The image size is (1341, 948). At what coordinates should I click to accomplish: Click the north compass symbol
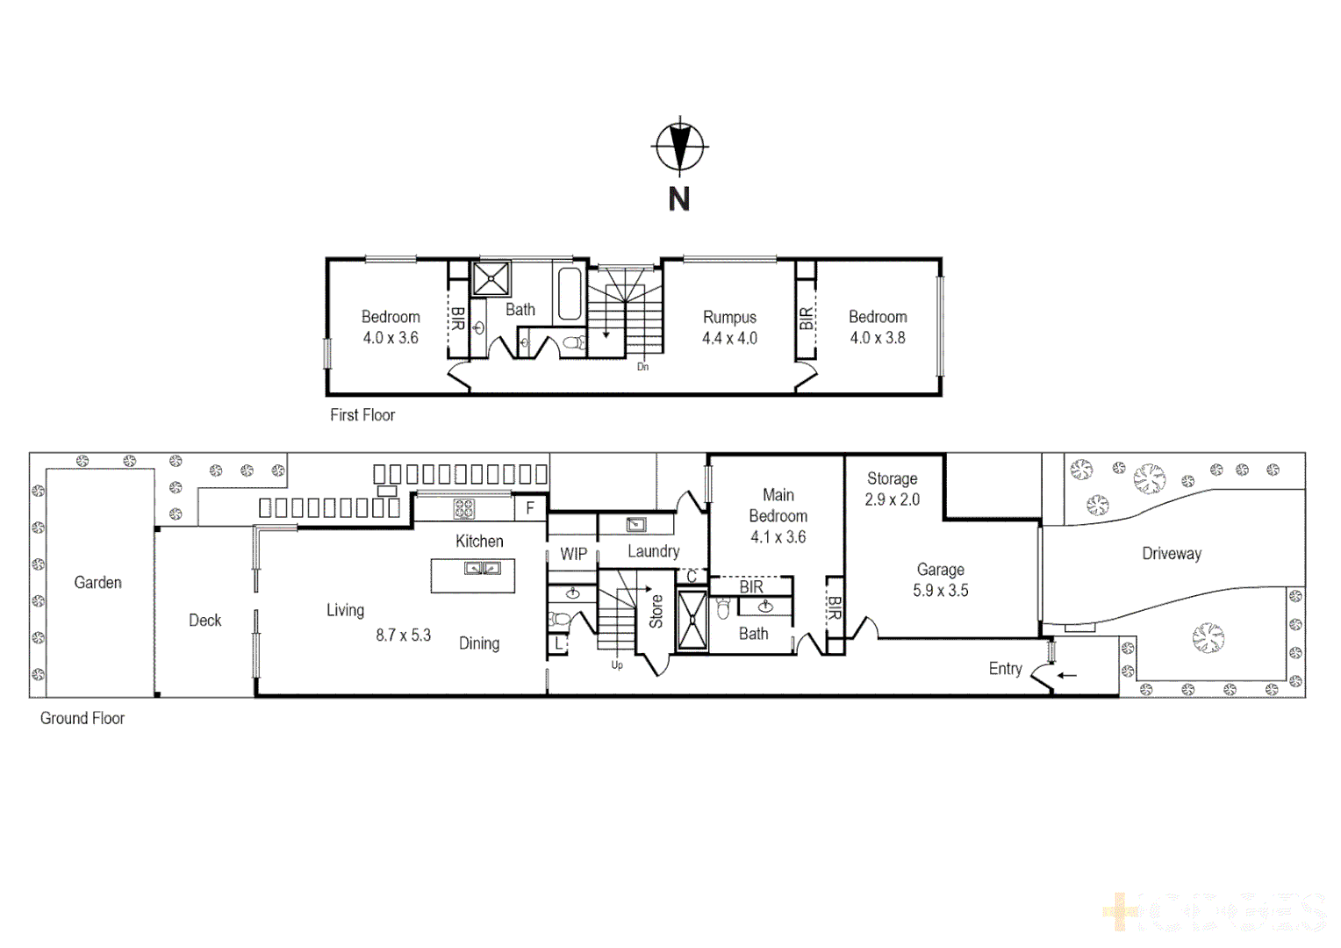(x=678, y=146)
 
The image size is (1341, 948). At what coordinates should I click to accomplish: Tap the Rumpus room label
(x=729, y=318)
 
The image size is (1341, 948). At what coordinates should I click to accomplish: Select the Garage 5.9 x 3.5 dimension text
(x=940, y=591)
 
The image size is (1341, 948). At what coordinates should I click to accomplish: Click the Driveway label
(x=1171, y=554)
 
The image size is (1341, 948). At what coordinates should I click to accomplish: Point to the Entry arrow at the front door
(x=1066, y=675)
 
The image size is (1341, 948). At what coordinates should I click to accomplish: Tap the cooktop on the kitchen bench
(x=463, y=508)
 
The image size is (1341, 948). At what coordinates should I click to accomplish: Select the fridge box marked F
(x=530, y=508)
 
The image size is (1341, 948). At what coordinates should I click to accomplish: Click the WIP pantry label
(x=573, y=554)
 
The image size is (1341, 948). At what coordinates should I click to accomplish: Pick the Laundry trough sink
(x=636, y=525)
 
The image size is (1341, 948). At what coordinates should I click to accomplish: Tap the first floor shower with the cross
(x=491, y=278)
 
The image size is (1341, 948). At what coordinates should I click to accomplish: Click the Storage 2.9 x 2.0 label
(x=892, y=489)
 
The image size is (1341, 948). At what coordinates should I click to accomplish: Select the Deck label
(x=204, y=621)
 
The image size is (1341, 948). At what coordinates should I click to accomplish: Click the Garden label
(x=97, y=583)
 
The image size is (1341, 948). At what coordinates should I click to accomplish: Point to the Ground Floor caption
(x=82, y=718)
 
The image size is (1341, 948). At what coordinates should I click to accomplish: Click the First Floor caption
(x=362, y=415)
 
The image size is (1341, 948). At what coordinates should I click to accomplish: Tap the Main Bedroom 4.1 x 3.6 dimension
(x=778, y=537)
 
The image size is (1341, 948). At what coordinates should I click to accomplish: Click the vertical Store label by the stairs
(x=656, y=612)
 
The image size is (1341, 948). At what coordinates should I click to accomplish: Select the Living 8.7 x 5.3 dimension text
(x=403, y=635)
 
